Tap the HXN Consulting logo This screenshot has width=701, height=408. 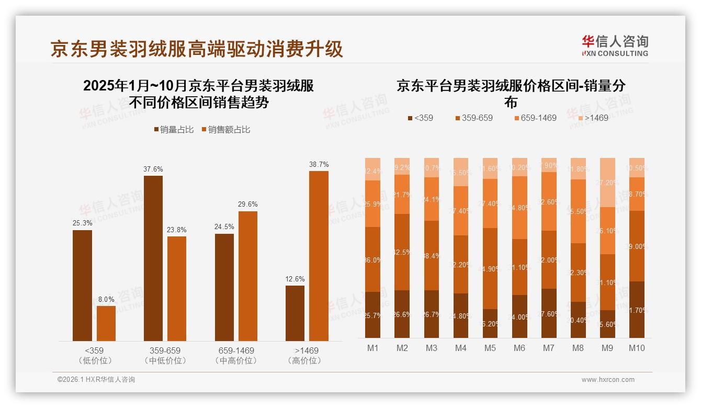(x=615, y=46)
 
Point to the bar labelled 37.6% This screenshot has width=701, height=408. (x=153, y=258)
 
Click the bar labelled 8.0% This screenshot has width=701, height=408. (x=106, y=323)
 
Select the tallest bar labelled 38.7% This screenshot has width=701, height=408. (x=319, y=256)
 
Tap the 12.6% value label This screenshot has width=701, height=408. (x=295, y=279)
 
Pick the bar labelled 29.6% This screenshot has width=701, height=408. (x=248, y=276)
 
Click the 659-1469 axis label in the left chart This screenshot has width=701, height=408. (x=236, y=350)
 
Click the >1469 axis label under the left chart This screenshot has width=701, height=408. (x=307, y=350)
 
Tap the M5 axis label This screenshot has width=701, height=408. (x=490, y=348)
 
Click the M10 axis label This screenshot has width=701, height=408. (x=637, y=348)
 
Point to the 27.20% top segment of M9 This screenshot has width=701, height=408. (x=607, y=182)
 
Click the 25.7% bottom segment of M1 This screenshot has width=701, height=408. (x=373, y=314)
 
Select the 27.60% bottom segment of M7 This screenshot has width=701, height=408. (x=549, y=313)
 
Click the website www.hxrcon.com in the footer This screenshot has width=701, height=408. (x=608, y=380)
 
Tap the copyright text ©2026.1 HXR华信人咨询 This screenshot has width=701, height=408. (x=96, y=380)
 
